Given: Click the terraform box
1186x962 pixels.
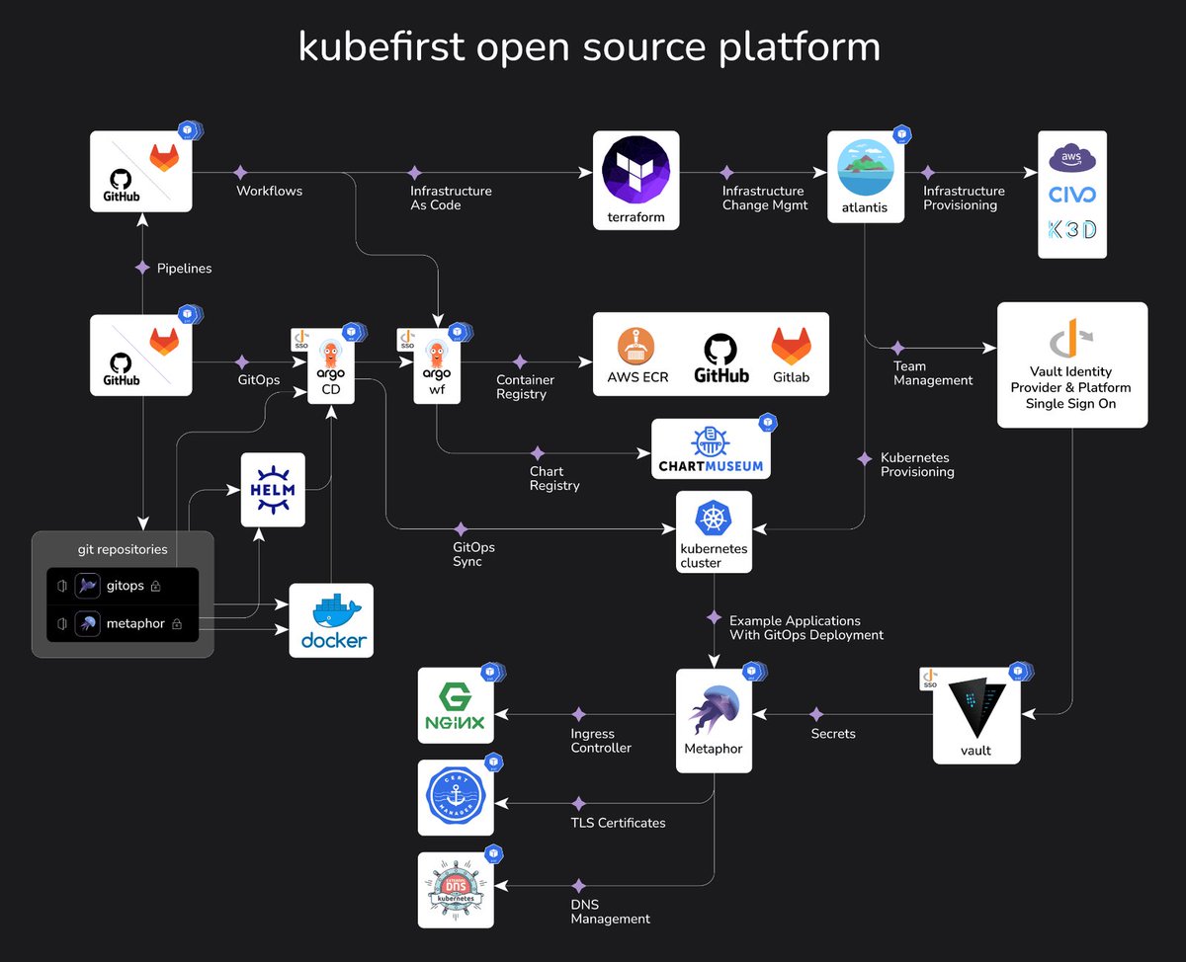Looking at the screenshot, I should pos(635,181).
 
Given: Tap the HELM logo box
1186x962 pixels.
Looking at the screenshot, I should pos(273,490).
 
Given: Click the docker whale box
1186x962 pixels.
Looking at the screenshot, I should pos(331,619).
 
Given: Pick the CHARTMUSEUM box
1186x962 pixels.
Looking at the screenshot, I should pos(711,449).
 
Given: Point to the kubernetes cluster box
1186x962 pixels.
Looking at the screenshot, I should pos(714,531).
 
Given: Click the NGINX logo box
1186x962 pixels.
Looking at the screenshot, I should pos(455,705).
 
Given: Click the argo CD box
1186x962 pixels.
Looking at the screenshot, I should pos(331,366).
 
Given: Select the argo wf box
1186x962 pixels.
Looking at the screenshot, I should pos(436,366).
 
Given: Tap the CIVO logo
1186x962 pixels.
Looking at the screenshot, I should pos(1072,194).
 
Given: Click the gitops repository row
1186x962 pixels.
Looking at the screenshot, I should pos(123,586).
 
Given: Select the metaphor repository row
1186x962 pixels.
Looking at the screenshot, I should pos(123,623).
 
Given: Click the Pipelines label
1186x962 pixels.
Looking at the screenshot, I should pos(184,268).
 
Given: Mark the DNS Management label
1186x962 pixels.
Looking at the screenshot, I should pos(610,912).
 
